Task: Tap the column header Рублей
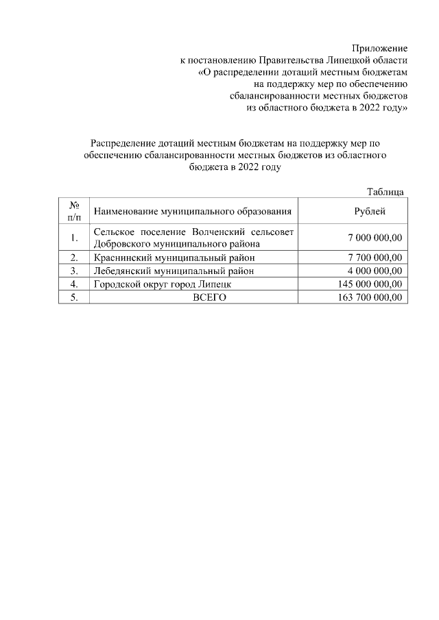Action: tap(370, 211)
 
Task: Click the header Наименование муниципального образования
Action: tap(193, 211)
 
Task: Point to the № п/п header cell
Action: tap(74, 211)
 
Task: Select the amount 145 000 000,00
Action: tap(370, 284)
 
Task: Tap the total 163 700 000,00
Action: tap(370, 297)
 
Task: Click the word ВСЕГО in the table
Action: tap(209, 297)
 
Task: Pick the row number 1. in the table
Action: tap(74, 238)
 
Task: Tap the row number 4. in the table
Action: tap(74, 284)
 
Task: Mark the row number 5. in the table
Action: tap(74, 297)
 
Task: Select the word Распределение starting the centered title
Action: tap(124, 143)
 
